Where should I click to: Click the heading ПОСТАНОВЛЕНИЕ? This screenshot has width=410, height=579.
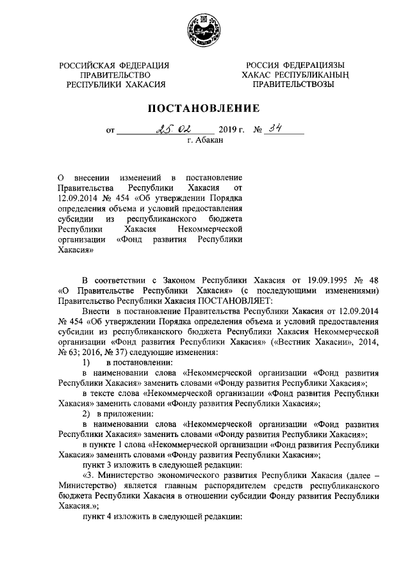click(204, 108)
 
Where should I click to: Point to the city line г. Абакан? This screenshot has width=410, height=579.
click(205, 140)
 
